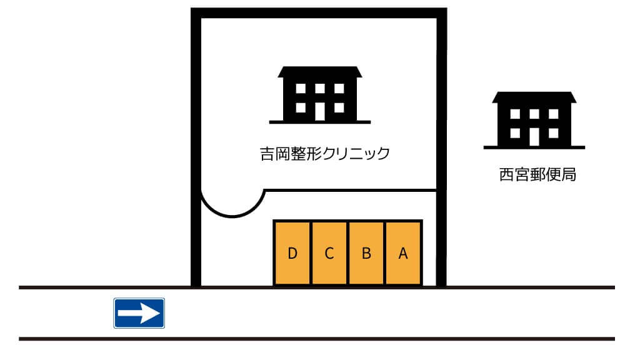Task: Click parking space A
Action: [403, 253]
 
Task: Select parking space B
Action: [366, 253]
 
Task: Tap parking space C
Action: [329, 253]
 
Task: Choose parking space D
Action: [292, 253]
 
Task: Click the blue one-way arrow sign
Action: [139, 313]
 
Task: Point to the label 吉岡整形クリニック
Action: [325, 154]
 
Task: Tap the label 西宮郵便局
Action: [537, 175]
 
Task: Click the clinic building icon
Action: [320, 95]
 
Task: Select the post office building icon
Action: [534, 120]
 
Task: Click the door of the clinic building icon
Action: [320, 111]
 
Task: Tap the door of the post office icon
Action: [534, 137]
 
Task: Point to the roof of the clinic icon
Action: [320, 72]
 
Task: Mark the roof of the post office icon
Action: [534, 97]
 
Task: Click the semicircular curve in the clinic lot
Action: [232, 216]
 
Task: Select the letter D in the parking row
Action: [292, 254]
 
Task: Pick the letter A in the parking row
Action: [403, 254]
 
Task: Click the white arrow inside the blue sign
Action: [139, 313]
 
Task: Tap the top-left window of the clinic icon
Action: [301, 89]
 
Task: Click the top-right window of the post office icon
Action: [554, 114]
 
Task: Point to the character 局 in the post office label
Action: [569, 175]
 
